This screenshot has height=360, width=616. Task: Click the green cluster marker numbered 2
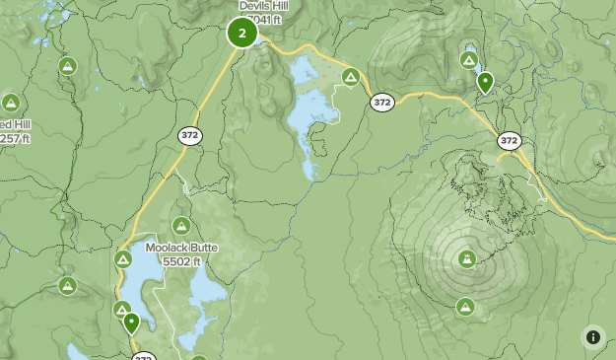(x=241, y=33)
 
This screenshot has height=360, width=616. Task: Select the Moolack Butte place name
(x=181, y=248)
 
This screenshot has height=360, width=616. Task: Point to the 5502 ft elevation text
(x=182, y=261)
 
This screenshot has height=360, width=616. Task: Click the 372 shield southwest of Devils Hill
(x=190, y=135)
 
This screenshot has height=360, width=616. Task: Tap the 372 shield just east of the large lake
(x=382, y=102)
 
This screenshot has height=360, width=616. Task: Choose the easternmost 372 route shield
(x=509, y=141)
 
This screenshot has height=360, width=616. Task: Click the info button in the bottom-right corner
(x=592, y=336)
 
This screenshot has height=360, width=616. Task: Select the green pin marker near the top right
(x=485, y=82)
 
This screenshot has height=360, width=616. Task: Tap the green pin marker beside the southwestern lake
(x=130, y=322)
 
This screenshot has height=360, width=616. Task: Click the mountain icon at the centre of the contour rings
(x=466, y=260)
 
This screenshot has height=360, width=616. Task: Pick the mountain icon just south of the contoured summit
(x=465, y=307)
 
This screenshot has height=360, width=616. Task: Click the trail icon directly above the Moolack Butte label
(x=181, y=225)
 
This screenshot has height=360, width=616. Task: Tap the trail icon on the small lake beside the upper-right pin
(x=469, y=61)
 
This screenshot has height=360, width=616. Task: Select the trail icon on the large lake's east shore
(x=350, y=77)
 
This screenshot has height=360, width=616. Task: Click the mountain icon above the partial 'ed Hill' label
(x=11, y=103)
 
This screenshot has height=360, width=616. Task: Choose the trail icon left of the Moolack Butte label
(x=123, y=259)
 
